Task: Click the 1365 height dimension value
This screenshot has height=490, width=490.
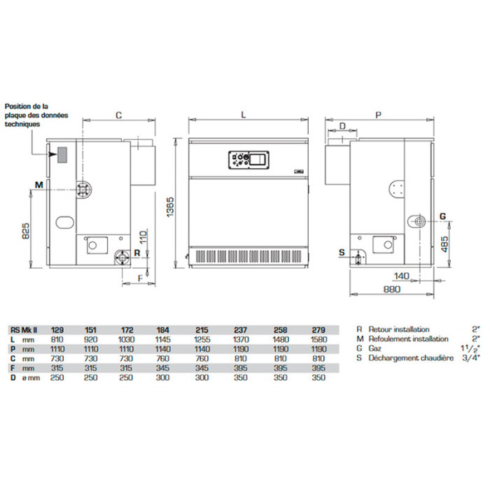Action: point(170,207)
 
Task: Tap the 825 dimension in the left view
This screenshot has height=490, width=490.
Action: point(26,230)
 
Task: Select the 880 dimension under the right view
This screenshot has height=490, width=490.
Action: point(391,289)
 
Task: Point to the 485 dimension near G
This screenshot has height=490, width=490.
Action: point(444,244)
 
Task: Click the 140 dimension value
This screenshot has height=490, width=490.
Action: point(401,276)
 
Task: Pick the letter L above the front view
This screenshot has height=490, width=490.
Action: point(244,115)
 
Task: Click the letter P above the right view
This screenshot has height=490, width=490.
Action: point(378,115)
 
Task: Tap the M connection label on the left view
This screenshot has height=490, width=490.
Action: point(38,185)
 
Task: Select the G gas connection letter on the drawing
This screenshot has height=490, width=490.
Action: point(442,216)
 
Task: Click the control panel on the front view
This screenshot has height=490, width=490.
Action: point(248,160)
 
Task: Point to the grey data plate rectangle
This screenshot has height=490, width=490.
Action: point(62,155)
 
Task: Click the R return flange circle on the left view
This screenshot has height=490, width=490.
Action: point(122,258)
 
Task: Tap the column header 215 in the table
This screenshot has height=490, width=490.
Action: point(202,330)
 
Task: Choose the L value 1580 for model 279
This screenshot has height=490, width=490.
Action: point(318,339)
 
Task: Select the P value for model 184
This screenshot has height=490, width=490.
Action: point(163,349)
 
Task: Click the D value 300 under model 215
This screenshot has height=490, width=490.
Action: point(202,377)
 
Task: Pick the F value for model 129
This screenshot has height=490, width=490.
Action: point(57,368)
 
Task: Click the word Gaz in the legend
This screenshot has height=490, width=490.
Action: point(374,349)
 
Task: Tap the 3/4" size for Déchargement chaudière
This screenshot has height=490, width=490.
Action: point(471,358)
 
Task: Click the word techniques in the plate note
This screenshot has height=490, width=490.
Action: point(22,124)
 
